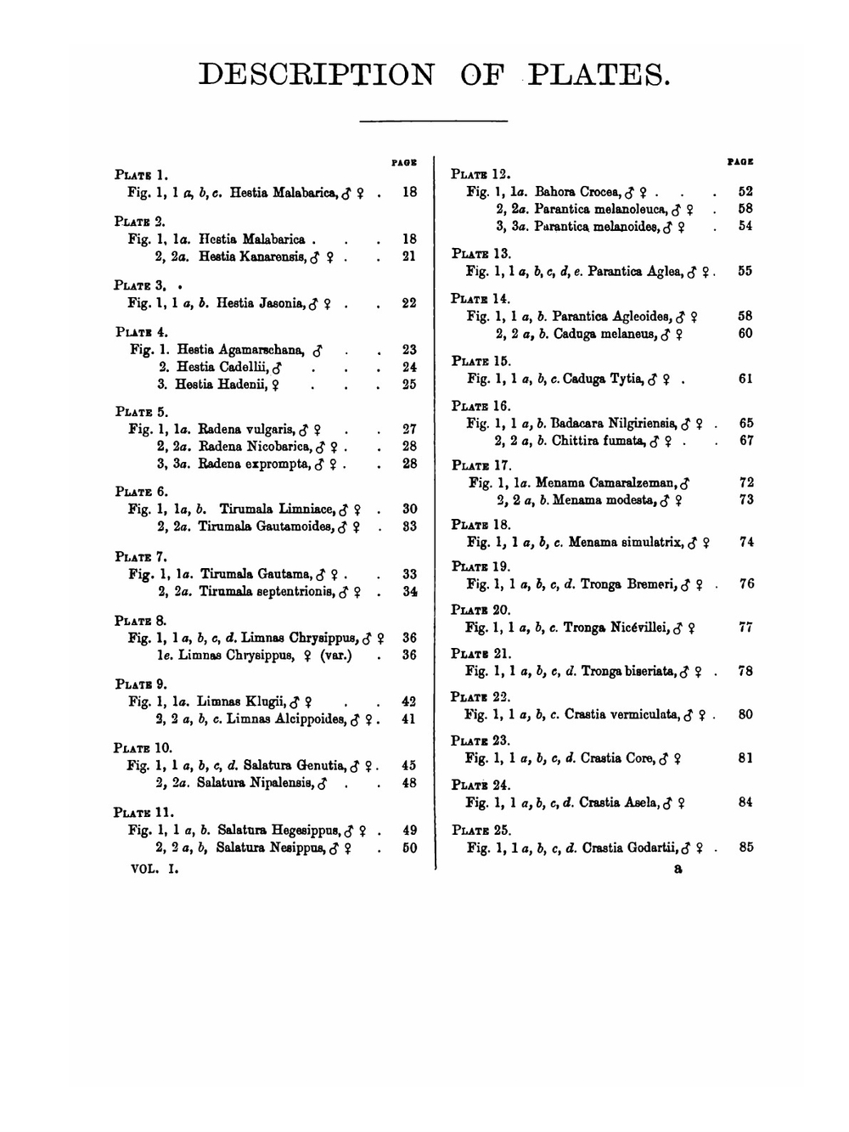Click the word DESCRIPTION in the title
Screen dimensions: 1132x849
316,75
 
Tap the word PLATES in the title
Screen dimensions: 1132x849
598,75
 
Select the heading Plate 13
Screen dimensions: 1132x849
481,253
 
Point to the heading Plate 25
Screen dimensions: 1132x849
481,830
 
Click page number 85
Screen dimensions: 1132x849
745,847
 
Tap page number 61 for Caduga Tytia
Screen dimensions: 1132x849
745,379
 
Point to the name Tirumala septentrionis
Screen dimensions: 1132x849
267,592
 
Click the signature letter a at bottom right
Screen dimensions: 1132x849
678,869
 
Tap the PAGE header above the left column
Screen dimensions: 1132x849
404,161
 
